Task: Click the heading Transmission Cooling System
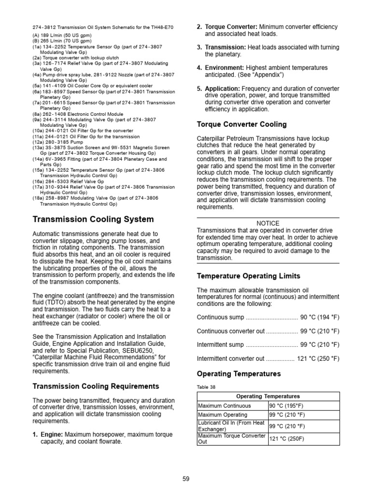click(93, 220)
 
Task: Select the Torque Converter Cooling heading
click(242, 124)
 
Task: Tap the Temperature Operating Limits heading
click(248, 276)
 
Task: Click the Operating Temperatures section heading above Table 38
click(239, 374)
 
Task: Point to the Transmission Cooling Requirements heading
click(96, 386)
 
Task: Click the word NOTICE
click(268, 223)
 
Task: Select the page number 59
click(186, 479)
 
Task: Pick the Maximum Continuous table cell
click(225, 406)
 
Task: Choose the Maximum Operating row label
click(223, 415)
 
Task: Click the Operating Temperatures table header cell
click(268, 397)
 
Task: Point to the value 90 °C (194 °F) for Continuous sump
click(320, 317)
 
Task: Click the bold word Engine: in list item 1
click(52, 435)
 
